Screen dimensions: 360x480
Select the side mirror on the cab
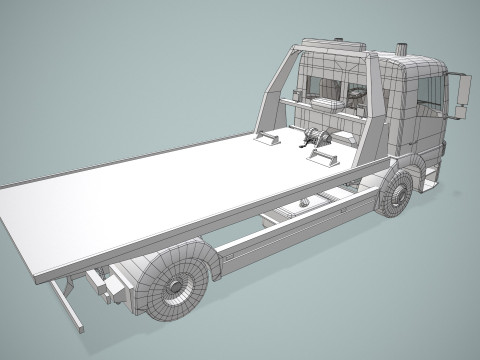point(462,96)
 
